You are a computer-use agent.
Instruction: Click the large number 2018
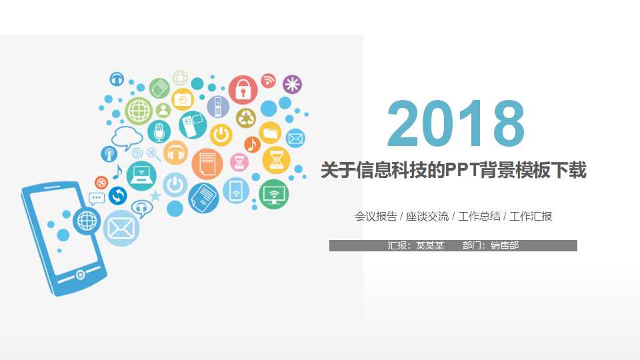(456, 124)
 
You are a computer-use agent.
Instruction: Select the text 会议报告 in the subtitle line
(376, 217)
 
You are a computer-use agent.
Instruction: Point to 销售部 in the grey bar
(505, 245)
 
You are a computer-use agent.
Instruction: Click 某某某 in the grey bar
(430, 245)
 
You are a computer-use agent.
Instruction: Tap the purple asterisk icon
(292, 85)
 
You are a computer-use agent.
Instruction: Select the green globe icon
(139, 111)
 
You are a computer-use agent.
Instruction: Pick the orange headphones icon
(175, 153)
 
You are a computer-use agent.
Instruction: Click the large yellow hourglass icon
(276, 160)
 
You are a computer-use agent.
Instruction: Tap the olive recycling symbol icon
(245, 118)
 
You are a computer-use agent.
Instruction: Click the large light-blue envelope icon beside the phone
(121, 228)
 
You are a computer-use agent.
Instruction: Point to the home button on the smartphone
(81, 275)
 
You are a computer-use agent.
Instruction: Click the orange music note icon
(252, 144)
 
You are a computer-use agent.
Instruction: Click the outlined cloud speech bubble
(127, 138)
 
